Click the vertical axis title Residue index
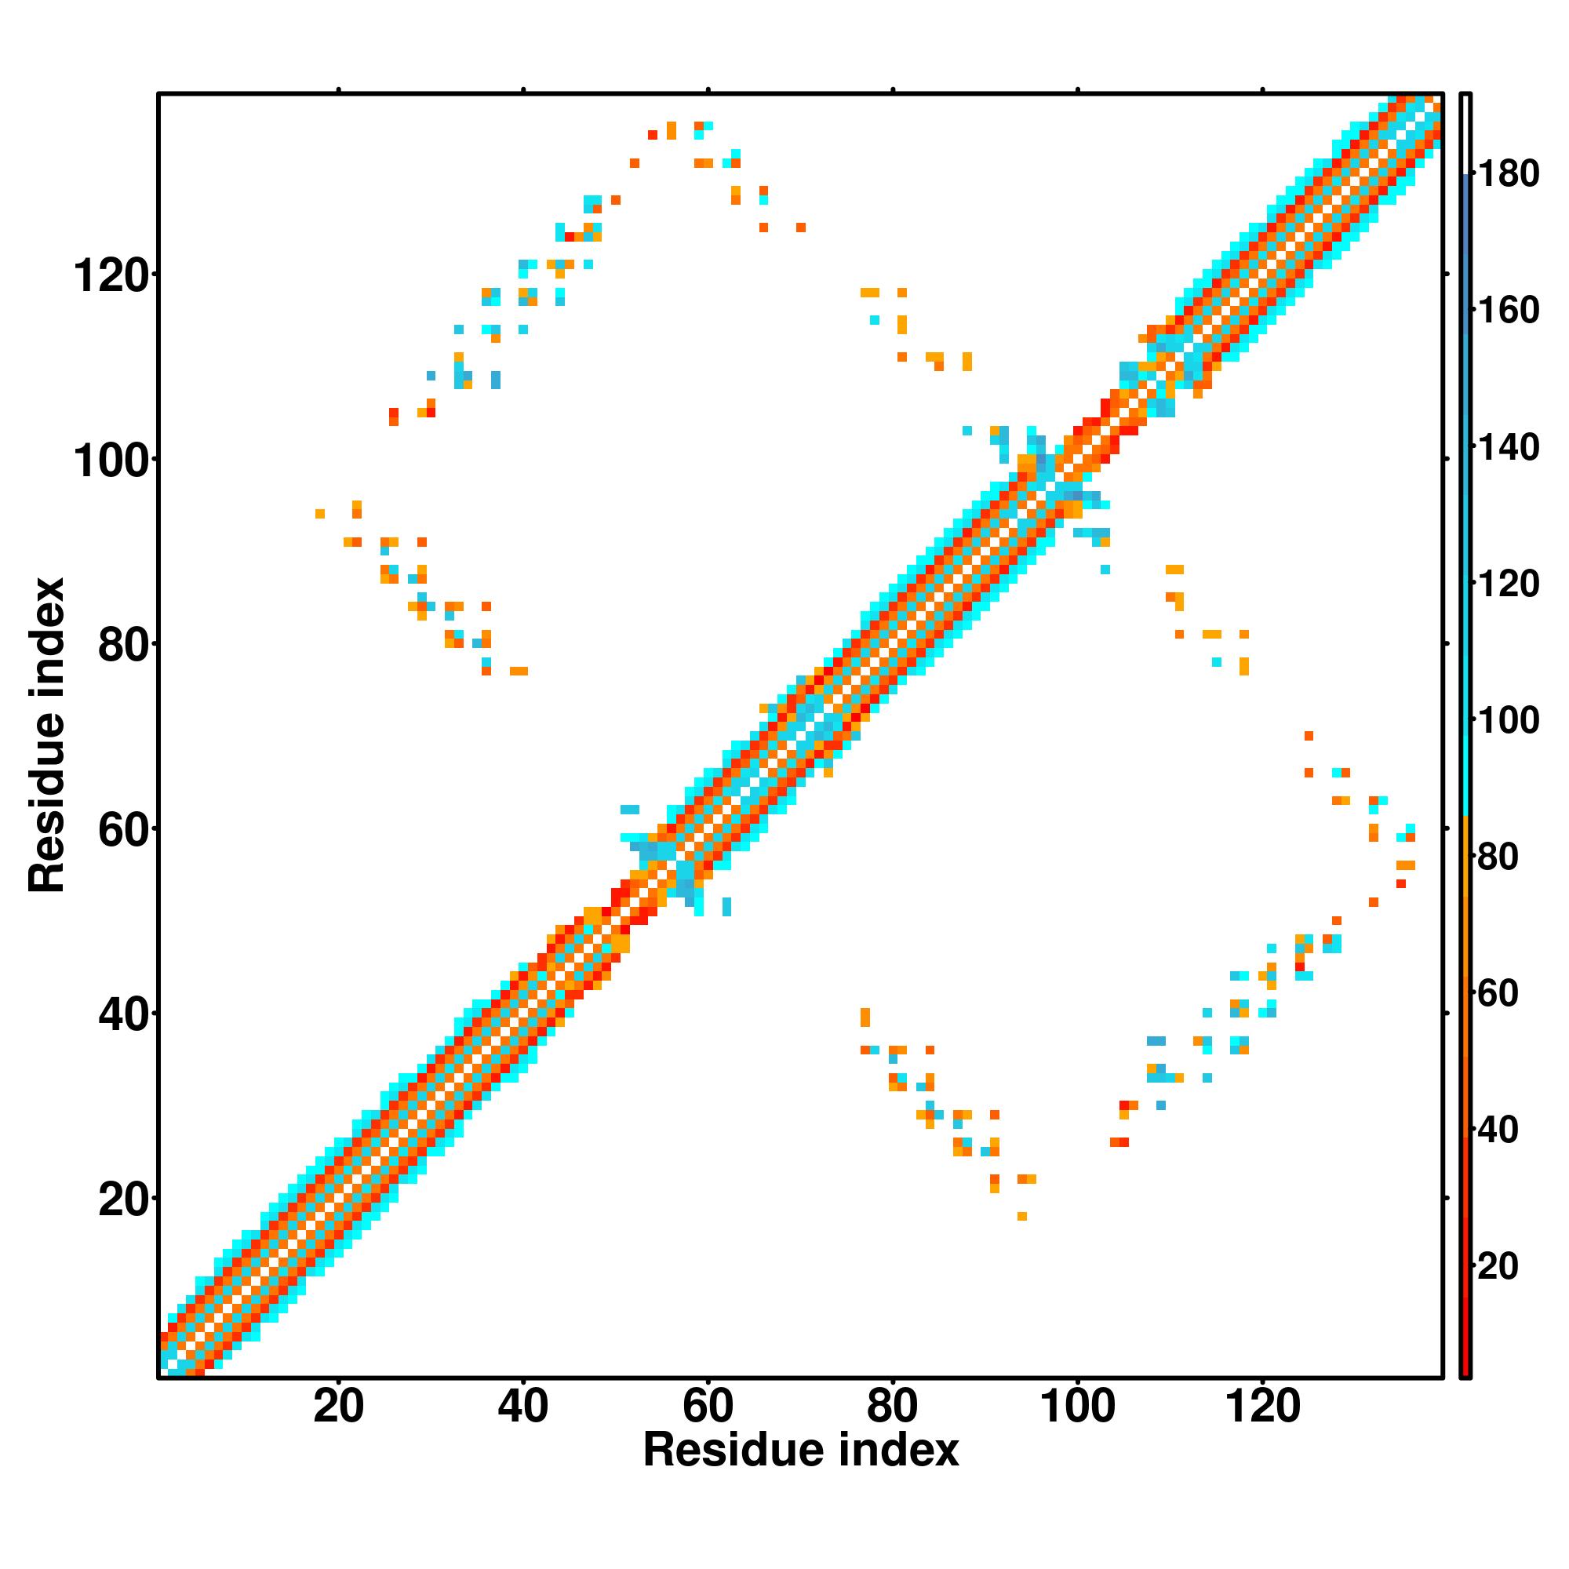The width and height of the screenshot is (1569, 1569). click(46, 734)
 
